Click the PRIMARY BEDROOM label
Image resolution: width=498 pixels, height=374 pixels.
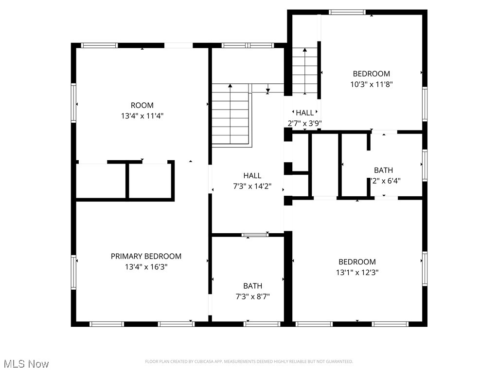(146, 256)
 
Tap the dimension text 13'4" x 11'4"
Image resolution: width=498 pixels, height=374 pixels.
(142, 116)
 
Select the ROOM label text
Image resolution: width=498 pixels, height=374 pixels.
(142, 105)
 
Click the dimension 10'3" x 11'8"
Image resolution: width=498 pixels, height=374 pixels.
(372, 84)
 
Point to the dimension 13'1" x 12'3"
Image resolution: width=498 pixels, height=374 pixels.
(357, 272)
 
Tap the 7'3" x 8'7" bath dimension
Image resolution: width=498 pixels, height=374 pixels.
(252, 296)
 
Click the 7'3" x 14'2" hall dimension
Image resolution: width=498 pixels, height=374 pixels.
(252, 186)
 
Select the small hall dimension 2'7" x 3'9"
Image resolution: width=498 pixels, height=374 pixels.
(304, 123)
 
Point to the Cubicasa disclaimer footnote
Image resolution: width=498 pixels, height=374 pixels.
(249, 361)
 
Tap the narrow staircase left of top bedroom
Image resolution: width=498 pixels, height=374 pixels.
(304, 71)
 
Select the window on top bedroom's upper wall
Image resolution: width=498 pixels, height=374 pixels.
(347, 12)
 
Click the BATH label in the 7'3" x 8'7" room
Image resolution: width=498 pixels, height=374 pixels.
(252, 286)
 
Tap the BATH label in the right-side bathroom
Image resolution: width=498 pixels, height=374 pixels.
(383, 170)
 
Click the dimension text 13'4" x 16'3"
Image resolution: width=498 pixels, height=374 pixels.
(146, 267)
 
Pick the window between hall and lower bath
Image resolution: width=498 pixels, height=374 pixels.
(255, 235)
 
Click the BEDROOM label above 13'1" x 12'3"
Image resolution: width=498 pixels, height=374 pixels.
(357, 262)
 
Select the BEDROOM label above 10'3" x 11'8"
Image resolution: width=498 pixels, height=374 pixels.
(372, 74)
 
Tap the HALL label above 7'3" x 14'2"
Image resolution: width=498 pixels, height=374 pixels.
(252, 175)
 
